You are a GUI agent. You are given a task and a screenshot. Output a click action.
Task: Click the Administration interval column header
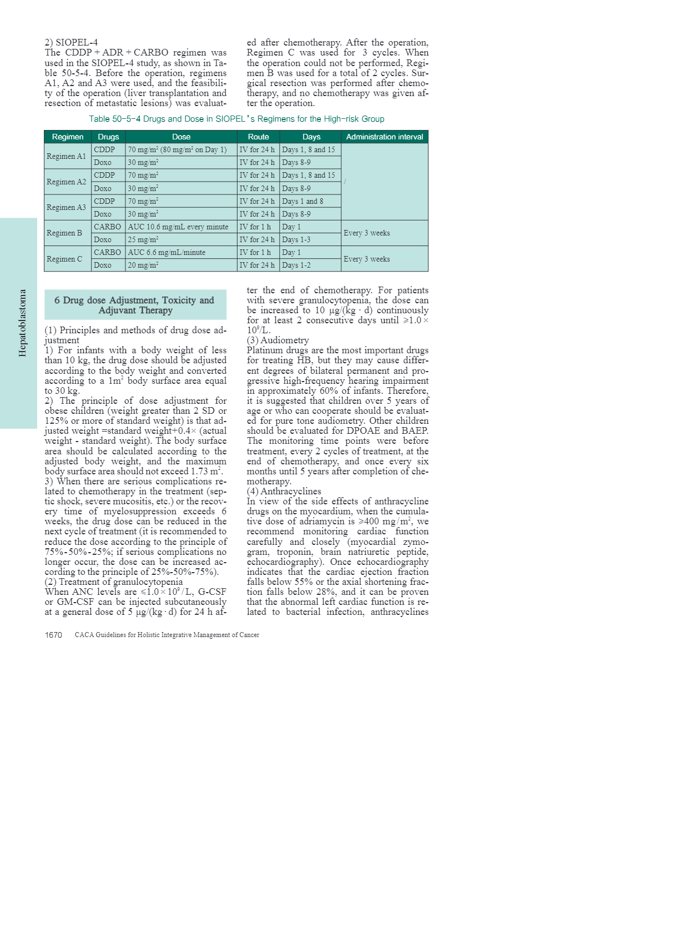click(x=384, y=137)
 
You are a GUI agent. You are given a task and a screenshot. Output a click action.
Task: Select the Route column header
click(x=258, y=137)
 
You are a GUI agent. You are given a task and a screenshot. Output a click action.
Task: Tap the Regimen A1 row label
click(x=67, y=156)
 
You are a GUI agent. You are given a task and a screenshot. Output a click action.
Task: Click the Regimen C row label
click(x=64, y=259)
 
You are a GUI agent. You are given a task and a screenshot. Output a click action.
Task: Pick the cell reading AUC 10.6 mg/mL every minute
click(x=178, y=227)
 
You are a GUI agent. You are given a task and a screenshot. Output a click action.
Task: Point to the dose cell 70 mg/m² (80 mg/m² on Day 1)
click(x=178, y=149)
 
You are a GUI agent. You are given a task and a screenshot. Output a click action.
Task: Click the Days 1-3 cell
click(x=296, y=239)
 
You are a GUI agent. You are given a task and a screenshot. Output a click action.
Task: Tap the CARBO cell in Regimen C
click(x=107, y=252)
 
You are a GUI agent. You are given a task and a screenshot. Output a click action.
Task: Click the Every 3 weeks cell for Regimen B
click(x=367, y=233)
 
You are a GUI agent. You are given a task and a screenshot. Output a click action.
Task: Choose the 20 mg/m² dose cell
click(x=143, y=265)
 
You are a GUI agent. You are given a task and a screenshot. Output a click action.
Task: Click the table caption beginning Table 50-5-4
click(x=236, y=119)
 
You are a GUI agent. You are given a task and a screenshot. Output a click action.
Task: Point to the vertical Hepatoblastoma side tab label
click(x=22, y=323)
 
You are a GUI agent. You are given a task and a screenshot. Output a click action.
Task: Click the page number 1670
click(x=53, y=635)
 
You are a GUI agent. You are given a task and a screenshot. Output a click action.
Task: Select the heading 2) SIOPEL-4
click(x=71, y=42)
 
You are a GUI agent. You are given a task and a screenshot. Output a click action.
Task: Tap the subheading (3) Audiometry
click(x=278, y=340)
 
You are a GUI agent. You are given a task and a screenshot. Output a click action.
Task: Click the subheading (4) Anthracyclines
click(x=284, y=491)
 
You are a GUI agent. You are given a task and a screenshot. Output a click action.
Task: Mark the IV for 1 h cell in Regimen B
click(x=255, y=227)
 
